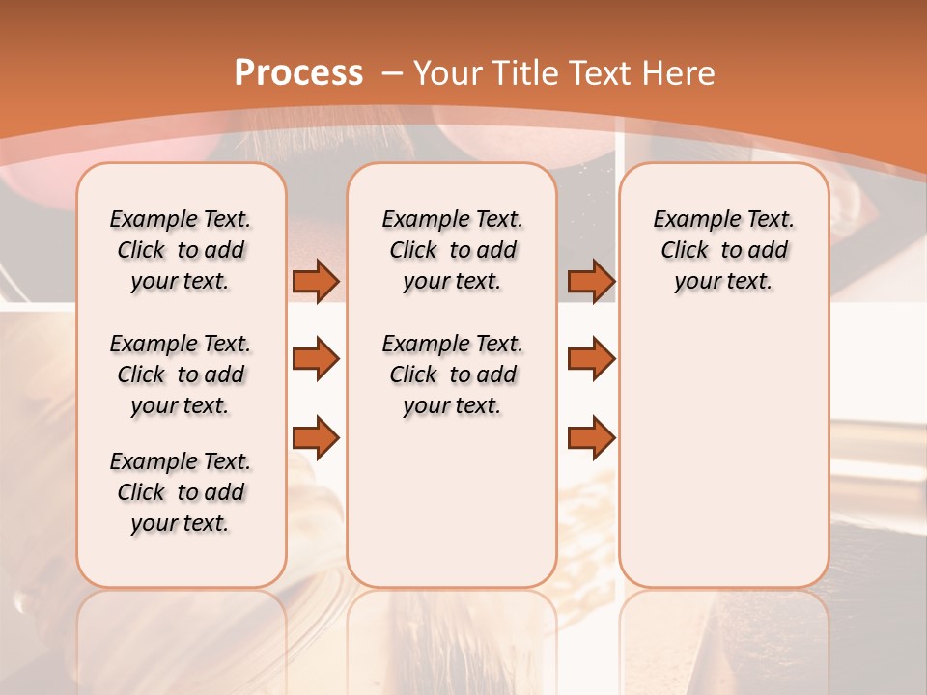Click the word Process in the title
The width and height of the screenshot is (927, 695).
298,73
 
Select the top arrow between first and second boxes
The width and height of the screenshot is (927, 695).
316,281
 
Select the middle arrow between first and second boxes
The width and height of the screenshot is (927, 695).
316,359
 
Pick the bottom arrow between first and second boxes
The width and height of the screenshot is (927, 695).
316,437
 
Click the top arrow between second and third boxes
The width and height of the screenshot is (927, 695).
591,281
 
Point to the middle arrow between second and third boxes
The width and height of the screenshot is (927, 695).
591,359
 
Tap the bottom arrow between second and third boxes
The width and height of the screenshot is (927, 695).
591,437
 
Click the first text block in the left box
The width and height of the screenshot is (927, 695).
181,250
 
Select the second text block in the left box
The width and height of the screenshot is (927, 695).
181,375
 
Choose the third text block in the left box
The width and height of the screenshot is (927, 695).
181,492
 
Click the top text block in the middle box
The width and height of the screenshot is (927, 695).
452,250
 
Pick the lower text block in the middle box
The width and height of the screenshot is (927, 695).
452,375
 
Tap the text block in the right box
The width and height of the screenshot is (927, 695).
723,250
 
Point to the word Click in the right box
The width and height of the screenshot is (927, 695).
685,251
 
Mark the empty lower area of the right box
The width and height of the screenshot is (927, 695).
723,444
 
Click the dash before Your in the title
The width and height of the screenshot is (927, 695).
392,73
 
